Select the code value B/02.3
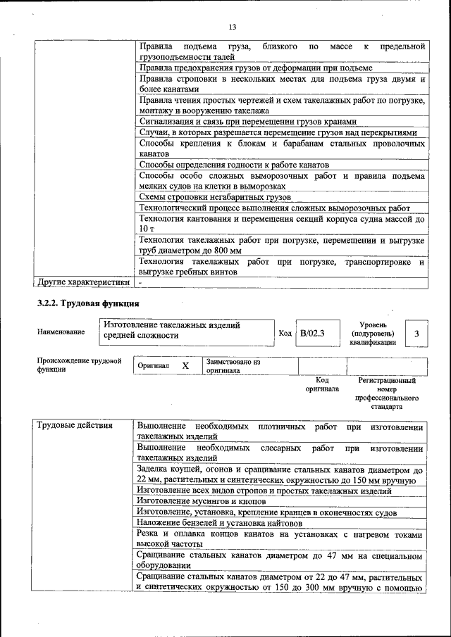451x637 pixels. pos(311,334)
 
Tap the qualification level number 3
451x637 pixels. pos(416,334)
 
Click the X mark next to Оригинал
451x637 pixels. pos(185,366)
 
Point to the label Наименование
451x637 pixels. pos(61,332)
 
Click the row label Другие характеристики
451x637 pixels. pos(83,282)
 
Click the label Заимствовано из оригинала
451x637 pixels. pos(233,365)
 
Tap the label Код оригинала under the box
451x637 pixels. pos(322,384)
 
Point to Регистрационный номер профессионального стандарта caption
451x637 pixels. pos(387,393)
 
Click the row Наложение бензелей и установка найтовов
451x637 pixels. pos(219,523)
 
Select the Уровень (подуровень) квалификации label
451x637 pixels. pos(372,333)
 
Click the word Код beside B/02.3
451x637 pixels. pos(285,334)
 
